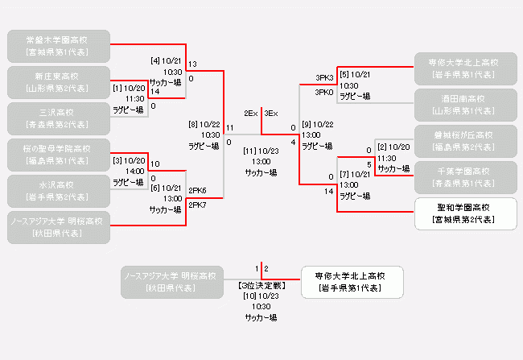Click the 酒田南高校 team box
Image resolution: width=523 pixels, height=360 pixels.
point(465,105)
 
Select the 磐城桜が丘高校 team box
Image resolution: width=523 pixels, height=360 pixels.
point(465,141)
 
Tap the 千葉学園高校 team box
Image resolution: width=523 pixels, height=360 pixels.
point(465,177)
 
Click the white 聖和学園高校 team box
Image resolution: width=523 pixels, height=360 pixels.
point(465,213)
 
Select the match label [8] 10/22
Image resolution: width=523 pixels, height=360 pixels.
point(204,124)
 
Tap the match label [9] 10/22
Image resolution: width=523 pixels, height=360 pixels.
point(317,124)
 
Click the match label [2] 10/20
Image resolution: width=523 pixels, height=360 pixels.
point(393,147)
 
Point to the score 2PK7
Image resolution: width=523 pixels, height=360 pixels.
point(197,205)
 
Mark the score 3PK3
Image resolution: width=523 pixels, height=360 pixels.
point(324,78)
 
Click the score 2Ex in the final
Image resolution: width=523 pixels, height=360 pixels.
point(251,114)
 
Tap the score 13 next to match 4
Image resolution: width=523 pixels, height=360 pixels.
point(192,64)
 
